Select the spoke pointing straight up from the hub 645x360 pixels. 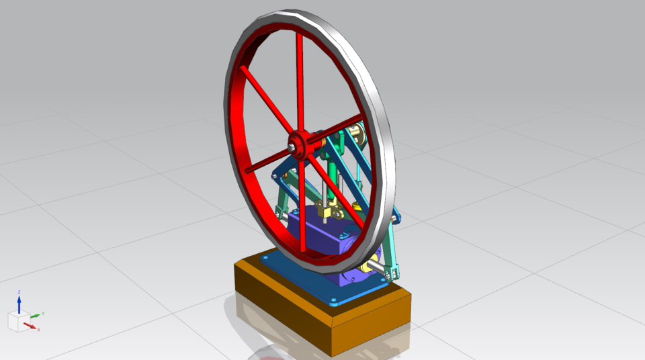(300, 81)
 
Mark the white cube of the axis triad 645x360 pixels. (17, 321)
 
